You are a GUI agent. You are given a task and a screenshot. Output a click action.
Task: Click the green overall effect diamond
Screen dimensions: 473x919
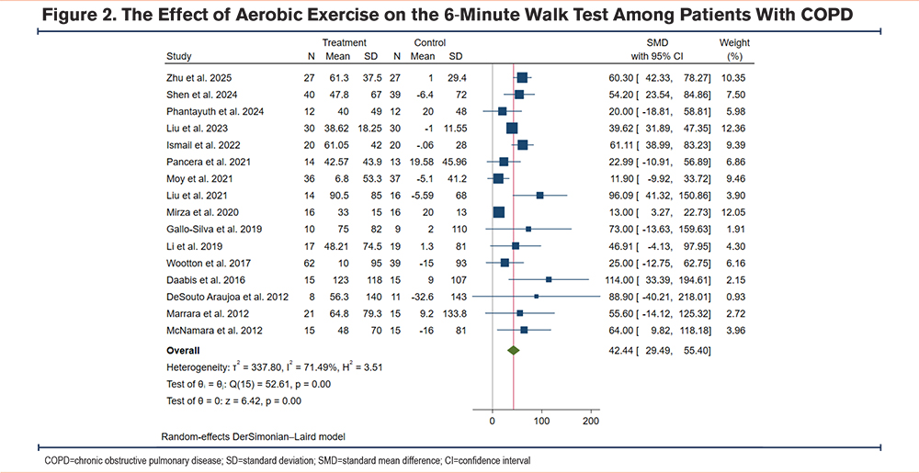click(x=514, y=350)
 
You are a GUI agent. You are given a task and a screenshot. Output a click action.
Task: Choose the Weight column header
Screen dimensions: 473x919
click(x=734, y=42)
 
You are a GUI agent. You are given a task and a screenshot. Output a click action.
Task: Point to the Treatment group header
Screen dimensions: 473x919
click(x=345, y=42)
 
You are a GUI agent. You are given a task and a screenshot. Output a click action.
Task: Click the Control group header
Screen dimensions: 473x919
click(x=430, y=42)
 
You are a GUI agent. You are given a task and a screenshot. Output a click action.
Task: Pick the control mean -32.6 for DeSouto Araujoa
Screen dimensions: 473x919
click(x=421, y=297)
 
